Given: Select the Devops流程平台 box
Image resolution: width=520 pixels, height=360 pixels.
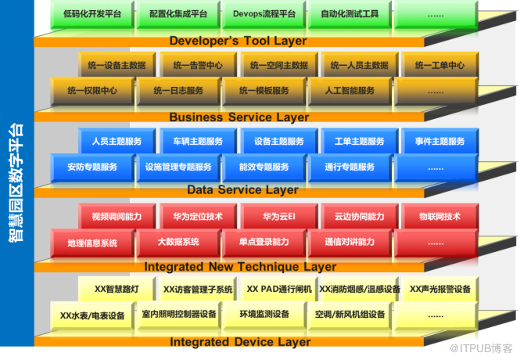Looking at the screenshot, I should click(264, 15).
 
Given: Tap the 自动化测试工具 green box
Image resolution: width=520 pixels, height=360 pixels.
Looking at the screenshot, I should click(350, 15).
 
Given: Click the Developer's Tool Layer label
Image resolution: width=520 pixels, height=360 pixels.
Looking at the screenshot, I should click(237, 41).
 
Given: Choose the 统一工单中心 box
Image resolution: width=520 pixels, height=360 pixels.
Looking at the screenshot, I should click(439, 66).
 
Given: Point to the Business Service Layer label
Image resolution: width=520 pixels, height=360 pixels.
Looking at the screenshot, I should click(238, 117).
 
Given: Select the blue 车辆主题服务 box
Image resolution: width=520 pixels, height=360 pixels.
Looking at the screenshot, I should click(192, 142).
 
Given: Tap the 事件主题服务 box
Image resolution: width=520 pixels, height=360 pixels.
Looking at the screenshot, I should click(435, 142).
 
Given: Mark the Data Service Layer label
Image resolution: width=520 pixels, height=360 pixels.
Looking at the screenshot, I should click(242, 190).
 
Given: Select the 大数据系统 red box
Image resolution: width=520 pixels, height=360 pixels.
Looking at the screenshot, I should click(178, 242).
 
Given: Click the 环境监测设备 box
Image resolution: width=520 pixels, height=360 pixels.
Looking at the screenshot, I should click(264, 315).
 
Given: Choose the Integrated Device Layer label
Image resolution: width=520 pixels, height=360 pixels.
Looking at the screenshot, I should click(239, 341).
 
